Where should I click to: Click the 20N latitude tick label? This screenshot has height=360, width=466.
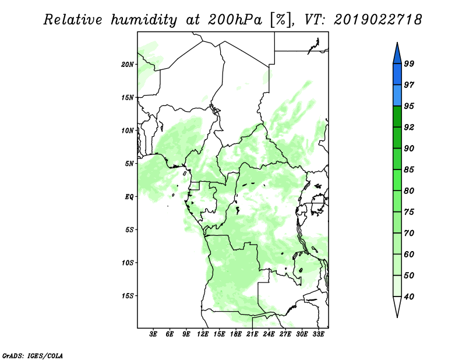tap(128, 65)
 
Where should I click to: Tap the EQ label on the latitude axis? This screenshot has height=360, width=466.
tap(129, 197)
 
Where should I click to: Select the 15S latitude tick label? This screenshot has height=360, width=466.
tap(128, 296)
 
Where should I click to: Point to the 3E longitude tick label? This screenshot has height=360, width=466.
tap(153, 334)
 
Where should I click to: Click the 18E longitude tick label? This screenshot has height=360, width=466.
tap(236, 334)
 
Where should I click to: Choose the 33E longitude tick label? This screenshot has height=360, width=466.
tap(318, 334)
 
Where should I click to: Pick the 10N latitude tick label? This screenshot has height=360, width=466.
tap(128, 130)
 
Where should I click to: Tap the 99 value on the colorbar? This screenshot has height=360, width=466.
tap(409, 63)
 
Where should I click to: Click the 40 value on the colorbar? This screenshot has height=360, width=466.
tap(409, 297)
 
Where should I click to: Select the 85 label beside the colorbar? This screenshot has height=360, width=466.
tap(409, 170)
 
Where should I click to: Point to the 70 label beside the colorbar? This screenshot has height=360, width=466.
tap(409, 233)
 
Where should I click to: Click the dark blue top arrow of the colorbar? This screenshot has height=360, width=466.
tap(397, 55)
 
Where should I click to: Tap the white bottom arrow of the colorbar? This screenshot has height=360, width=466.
tap(397, 306)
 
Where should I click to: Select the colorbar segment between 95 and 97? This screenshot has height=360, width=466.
tap(397, 96)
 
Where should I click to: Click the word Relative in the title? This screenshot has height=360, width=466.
tap(73, 20)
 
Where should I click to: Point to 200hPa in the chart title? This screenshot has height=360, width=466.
tap(235, 20)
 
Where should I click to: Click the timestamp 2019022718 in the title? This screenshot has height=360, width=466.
tap(377, 20)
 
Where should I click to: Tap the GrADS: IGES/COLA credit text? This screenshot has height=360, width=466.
tap(33, 355)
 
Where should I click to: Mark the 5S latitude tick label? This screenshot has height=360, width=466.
tap(129, 230)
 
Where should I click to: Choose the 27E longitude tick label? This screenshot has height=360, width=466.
tap(285, 334)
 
